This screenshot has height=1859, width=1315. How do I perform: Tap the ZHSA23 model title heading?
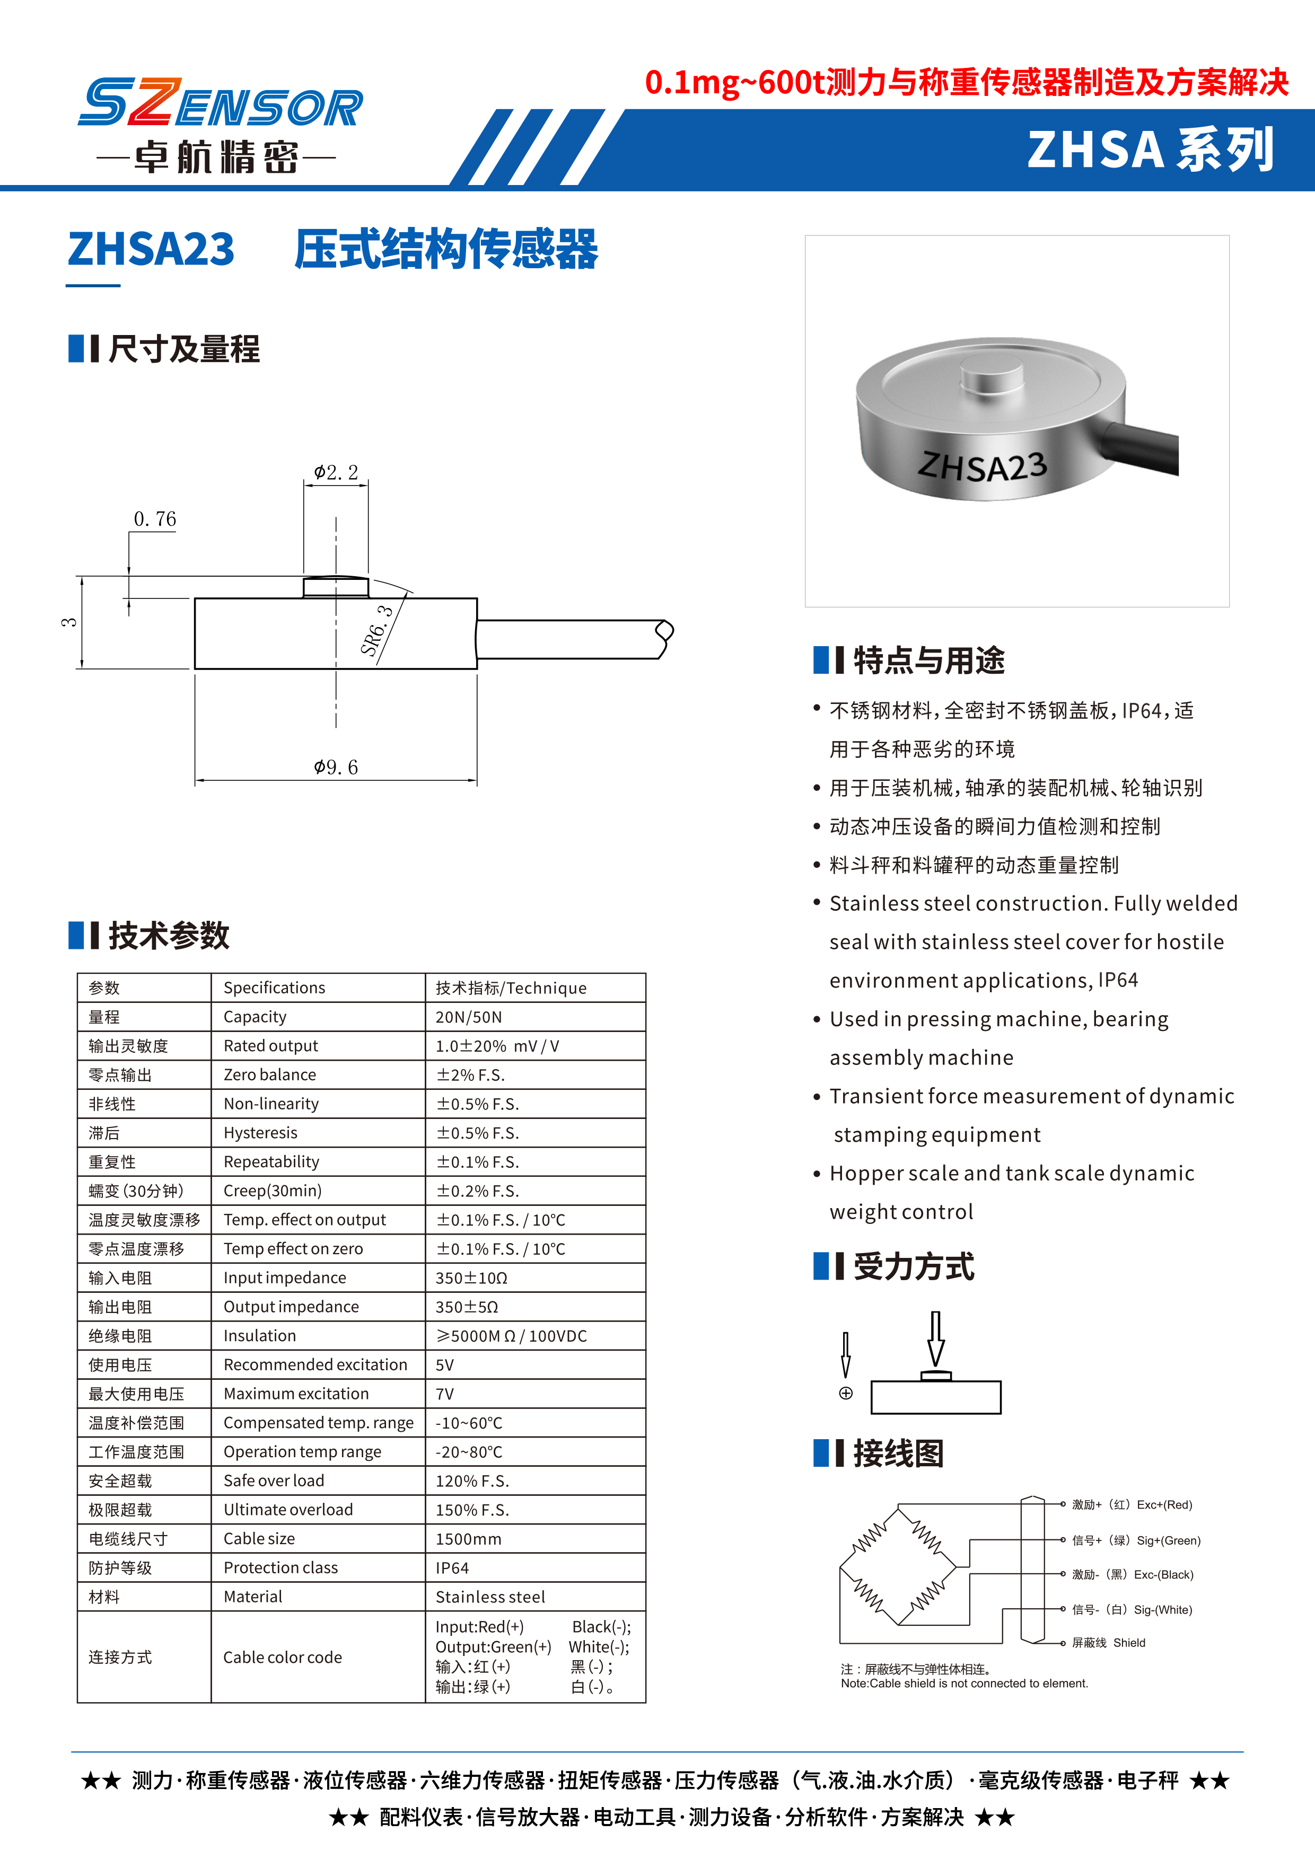pyautogui.click(x=152, y=249)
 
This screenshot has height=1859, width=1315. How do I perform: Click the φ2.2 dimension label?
pyautogui.click(x=336, y=472)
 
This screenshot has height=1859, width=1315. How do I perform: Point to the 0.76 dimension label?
pyautogui.click(x=155, y=519)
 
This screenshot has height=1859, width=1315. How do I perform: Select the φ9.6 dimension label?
pyautogui.click(x=336, y=766)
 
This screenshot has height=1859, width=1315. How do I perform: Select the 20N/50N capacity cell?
pyautogui.click(x=469, y=1017)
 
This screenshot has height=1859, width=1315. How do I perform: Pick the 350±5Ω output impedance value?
pyautogui.click(x=467, y=1307)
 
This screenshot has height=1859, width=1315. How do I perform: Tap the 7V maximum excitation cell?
pyautogui.click(x=444, y=1394)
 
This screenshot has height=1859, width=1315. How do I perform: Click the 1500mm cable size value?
pyautogui.click(x=469, y=1538)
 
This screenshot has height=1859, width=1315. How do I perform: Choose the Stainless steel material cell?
pyautogui.click(x=490, y=1597)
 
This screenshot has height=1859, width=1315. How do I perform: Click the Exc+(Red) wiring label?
pyautogui.click(x=1132, y=1504)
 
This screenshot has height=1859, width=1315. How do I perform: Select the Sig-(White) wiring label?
pyautogui.click(x=1132, y=1610)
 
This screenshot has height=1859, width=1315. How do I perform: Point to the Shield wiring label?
pyautogui.click(x=1109, y=1643)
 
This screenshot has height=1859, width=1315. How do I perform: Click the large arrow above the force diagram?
pyautogui.click(x=936, y=1338)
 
